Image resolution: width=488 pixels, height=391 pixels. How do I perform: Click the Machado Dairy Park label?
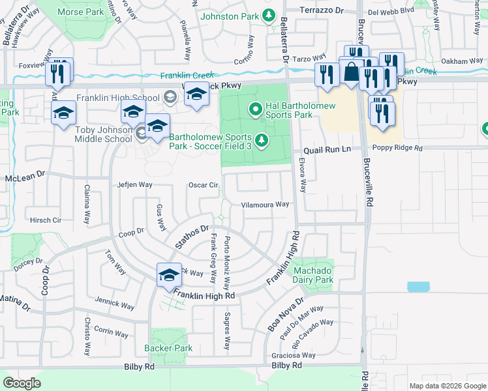[x=313, y=275]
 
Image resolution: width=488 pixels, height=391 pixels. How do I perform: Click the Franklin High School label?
[x=117, y=98]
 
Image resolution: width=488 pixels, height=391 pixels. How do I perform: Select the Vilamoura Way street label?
[x=265, y=204]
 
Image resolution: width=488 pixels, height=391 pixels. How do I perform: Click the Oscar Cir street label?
[x=203, y=185]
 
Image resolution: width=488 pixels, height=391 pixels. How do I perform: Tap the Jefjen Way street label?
[x=134, y=185]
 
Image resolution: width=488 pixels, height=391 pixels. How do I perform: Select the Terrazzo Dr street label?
[x=321, y=10]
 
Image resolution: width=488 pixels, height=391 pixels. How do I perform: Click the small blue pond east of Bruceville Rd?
[x=418, y=287]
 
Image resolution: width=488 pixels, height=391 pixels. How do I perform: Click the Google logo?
[x=22, y=383]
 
